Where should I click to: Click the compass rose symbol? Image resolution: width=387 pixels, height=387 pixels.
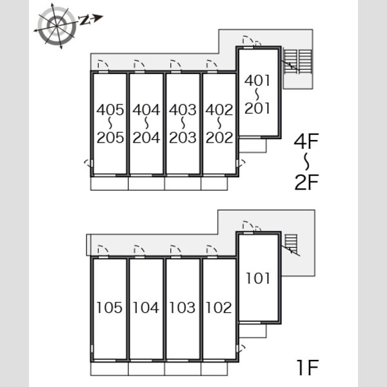pos(57,26)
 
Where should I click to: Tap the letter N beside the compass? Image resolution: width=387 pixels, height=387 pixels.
pos(84,20)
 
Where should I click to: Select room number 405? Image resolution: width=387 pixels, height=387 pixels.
pos(110,110)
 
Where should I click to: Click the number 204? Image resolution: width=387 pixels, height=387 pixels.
pos(146,138)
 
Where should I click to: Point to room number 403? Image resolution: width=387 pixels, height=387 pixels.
pos(183,110)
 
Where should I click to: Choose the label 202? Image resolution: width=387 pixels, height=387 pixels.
pos(219,138)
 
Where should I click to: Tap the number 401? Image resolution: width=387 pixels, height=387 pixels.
pos(257,81)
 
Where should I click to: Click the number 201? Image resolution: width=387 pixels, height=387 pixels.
pos(257,108)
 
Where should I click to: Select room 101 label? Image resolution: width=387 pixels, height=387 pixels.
pos(258,278)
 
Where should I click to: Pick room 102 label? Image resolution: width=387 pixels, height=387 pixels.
pos(219,308)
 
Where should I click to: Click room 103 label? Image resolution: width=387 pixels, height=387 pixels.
pos(183,308)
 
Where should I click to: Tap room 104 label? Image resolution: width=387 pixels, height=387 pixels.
pos(146,308)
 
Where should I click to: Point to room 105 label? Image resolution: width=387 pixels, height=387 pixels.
pos(110,308)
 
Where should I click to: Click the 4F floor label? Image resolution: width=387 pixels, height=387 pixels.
pos(306,141)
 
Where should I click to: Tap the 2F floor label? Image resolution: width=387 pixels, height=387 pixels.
pos(307,182)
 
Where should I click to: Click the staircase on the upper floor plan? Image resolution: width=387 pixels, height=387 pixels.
pos(297,61)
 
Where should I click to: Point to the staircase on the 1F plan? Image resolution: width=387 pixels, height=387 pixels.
pos(291,244)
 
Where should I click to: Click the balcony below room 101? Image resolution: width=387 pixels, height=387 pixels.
pos(253,331)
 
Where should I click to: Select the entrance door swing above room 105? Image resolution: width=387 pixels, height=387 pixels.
pos(103,250)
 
